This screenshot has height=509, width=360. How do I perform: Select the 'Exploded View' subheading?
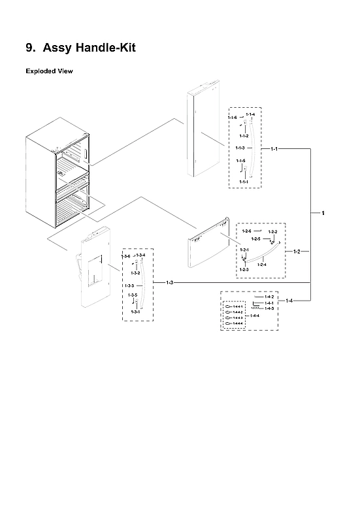point(49,71)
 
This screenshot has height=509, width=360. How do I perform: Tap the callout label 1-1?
point(274,149)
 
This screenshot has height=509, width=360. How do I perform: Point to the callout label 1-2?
point(297,252)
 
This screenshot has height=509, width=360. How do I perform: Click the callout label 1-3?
point(169,282)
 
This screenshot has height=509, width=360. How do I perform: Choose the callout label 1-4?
point(289,300)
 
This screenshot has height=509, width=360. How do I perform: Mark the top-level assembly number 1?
point(323,213)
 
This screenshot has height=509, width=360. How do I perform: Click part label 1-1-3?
point(240,148)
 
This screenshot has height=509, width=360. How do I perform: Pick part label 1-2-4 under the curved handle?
point(262,265)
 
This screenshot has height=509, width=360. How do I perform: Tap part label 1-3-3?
point(129,286)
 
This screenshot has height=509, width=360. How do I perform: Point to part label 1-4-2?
point(269,297)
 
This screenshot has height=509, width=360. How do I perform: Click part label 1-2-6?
point(246,232)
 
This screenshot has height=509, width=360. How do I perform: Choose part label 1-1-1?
point(244,181)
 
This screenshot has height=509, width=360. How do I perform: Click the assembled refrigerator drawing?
point(59,176)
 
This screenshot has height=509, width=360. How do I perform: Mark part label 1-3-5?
point(132,295)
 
